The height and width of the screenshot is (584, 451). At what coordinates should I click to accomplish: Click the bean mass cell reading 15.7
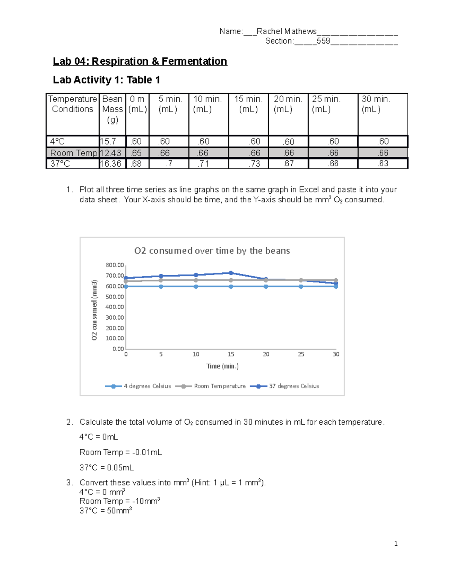(108, 141)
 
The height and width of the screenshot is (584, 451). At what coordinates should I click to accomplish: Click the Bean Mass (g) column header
(112, 109)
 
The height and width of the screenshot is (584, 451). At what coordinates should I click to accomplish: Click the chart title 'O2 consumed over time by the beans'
(212, 251)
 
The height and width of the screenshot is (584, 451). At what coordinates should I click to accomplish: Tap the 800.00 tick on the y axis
(115, 265)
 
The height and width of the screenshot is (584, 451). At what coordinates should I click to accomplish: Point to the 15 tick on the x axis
(231, 354)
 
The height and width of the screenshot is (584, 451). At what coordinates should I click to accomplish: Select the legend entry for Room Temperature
(219, 386)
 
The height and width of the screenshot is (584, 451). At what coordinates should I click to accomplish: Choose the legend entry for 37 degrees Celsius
(294, 386)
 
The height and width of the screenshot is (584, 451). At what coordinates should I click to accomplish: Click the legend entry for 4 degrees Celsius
(147, 386)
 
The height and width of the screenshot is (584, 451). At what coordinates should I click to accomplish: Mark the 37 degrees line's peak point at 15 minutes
(231, 273)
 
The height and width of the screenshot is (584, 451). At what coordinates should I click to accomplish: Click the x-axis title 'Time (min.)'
(222, 366)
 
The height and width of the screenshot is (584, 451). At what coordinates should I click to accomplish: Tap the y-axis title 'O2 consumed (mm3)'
(94, 310)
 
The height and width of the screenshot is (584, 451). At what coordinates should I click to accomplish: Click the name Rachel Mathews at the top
(286, 31)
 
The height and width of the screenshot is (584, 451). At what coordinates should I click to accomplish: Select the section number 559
(323, 41)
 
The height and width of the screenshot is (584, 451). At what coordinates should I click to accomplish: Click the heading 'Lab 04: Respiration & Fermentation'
(140, 61)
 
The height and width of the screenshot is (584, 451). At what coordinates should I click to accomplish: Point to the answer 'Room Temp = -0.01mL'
(121, 452)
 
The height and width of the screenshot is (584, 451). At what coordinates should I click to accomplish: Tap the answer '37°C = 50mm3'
(105, 511)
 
